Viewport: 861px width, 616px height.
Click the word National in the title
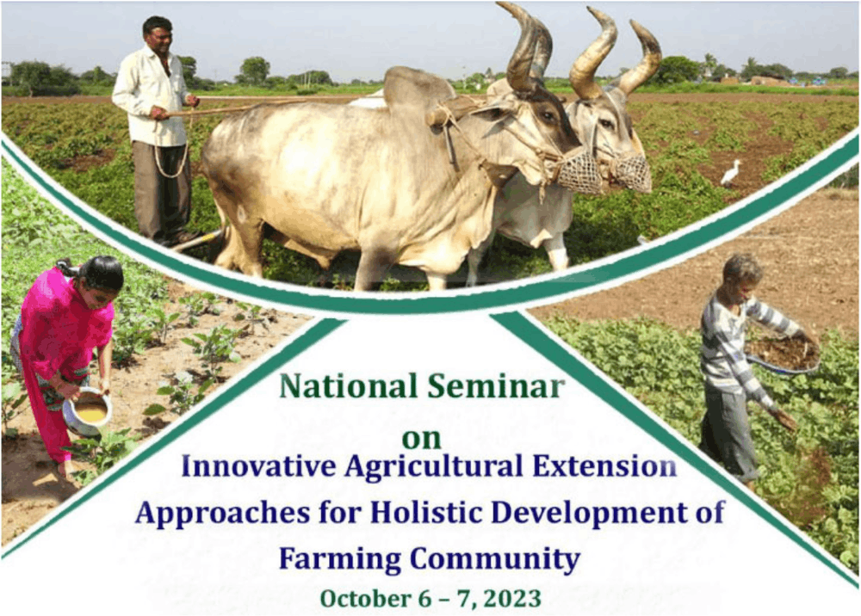tap(348, 385)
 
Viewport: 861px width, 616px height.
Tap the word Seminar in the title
tap(496, 385)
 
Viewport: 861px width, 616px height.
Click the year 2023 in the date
tap(513, 598)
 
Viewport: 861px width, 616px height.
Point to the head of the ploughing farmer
tap(158, 34)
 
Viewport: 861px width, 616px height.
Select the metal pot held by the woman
tap(87, 411)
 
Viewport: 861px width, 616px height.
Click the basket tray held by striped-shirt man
tap(783, 354)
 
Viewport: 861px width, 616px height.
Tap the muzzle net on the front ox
tap(579, 171)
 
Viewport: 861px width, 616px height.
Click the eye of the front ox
tap(548, 116)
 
